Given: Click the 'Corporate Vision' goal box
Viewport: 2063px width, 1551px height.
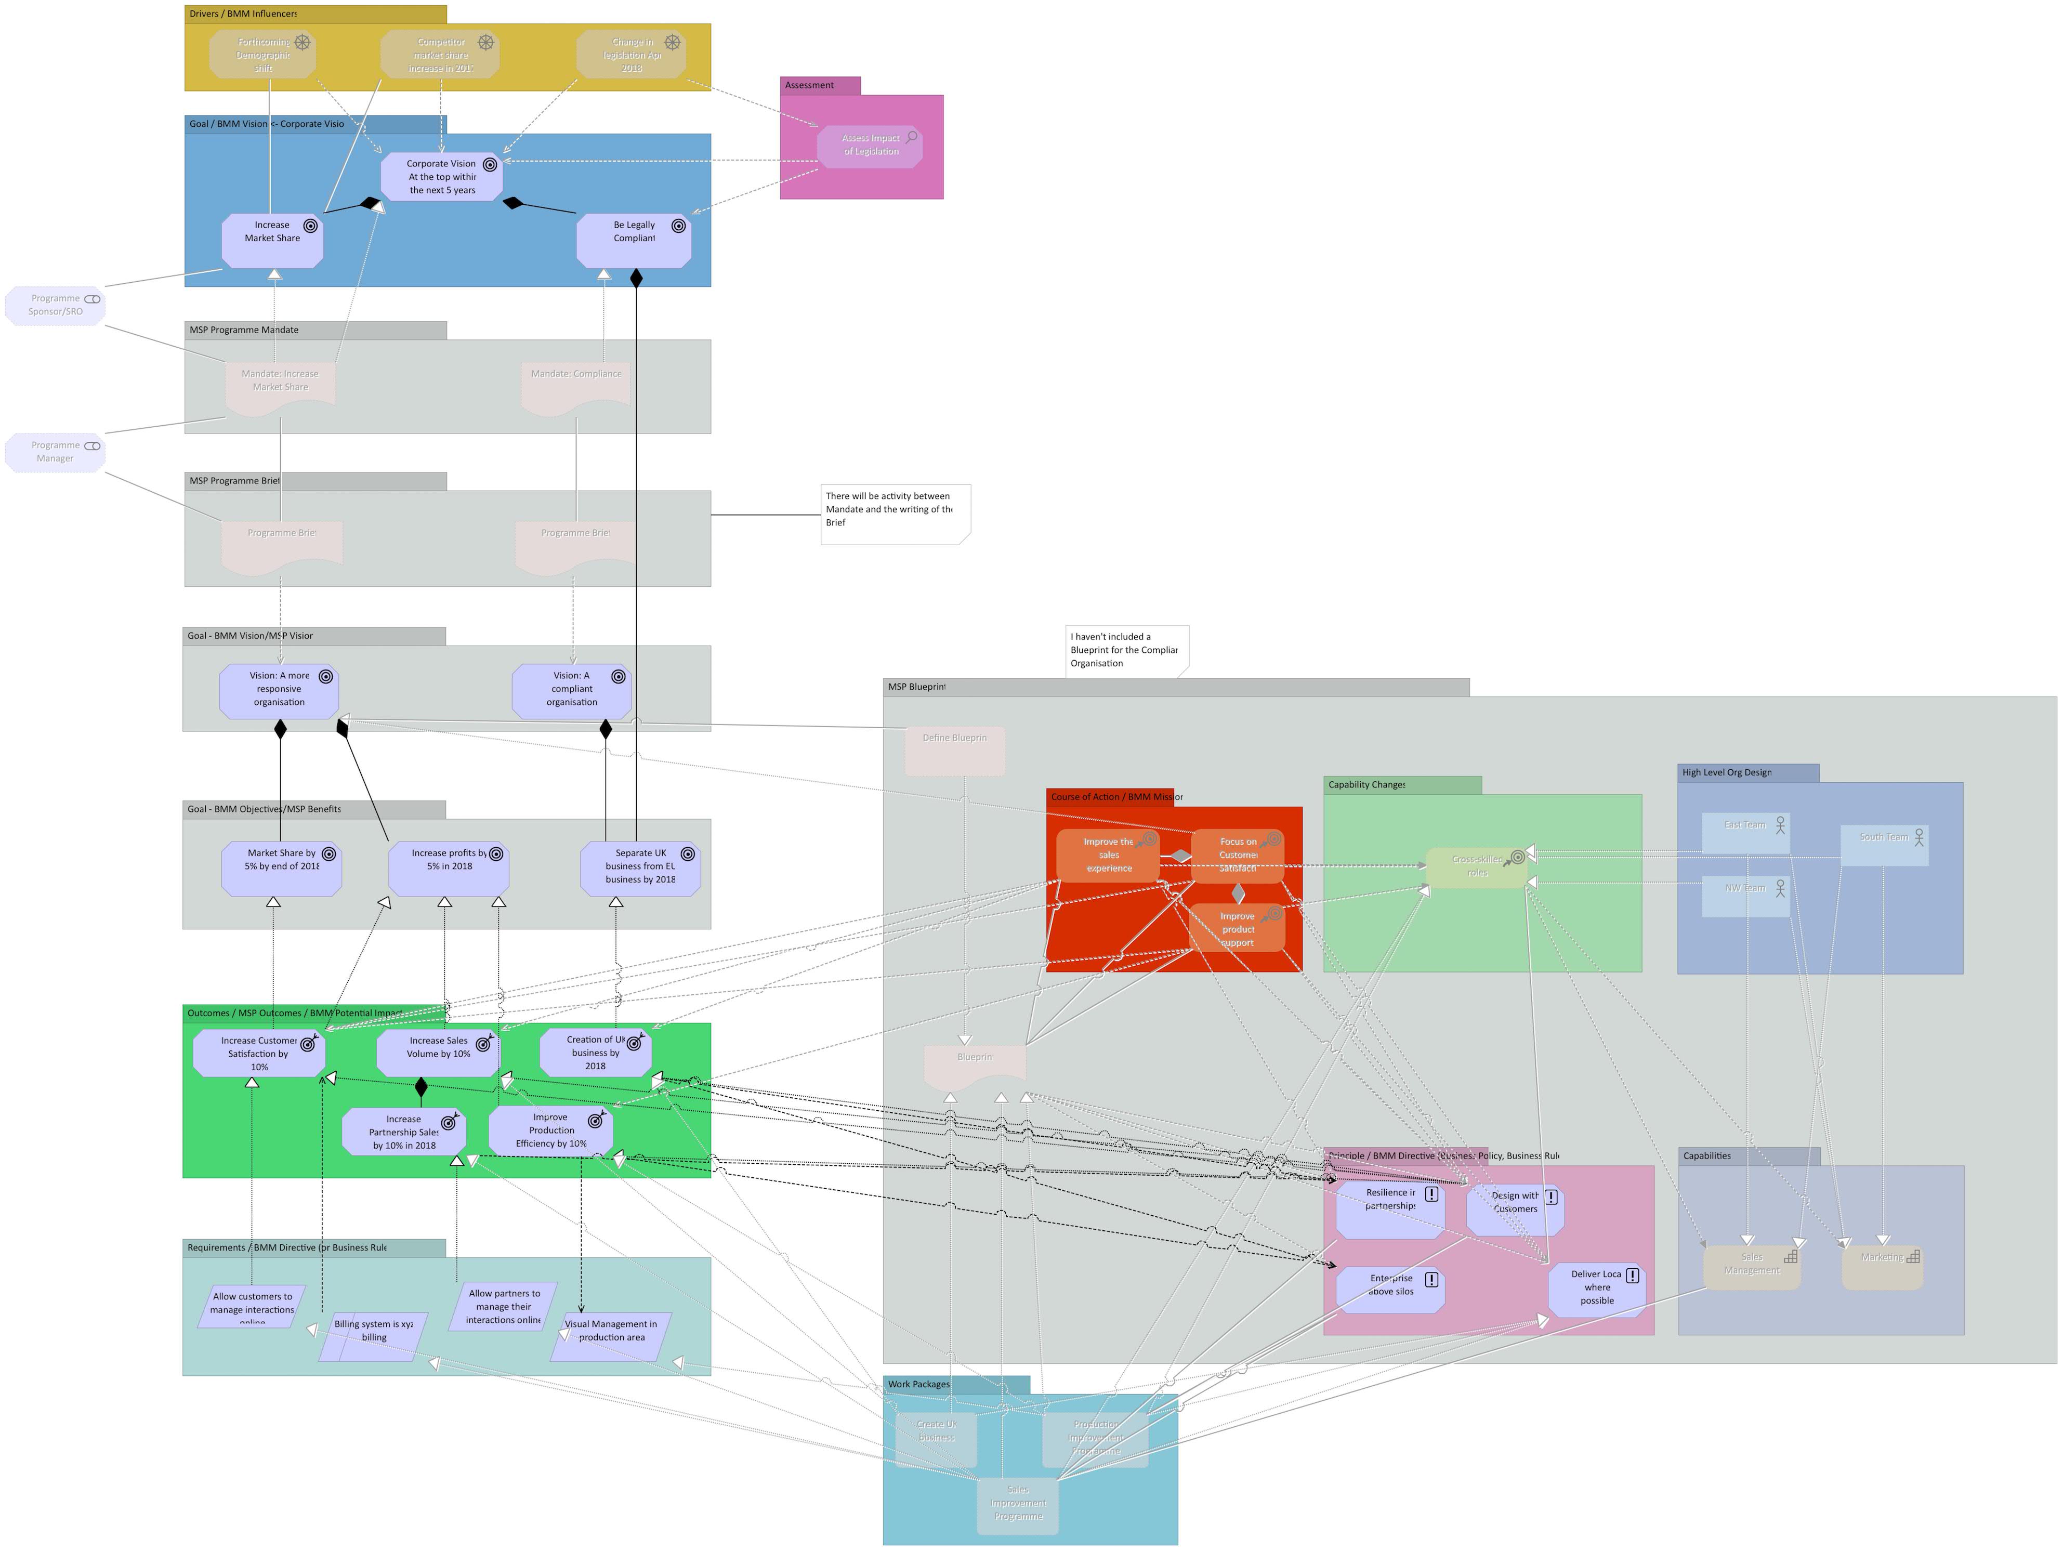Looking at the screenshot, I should click(x=441, y=176).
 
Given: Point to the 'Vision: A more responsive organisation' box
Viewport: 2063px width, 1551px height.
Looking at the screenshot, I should click(x=279, y=690).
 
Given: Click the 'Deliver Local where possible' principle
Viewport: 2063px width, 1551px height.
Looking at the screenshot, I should click(x=1596, y=1288).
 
